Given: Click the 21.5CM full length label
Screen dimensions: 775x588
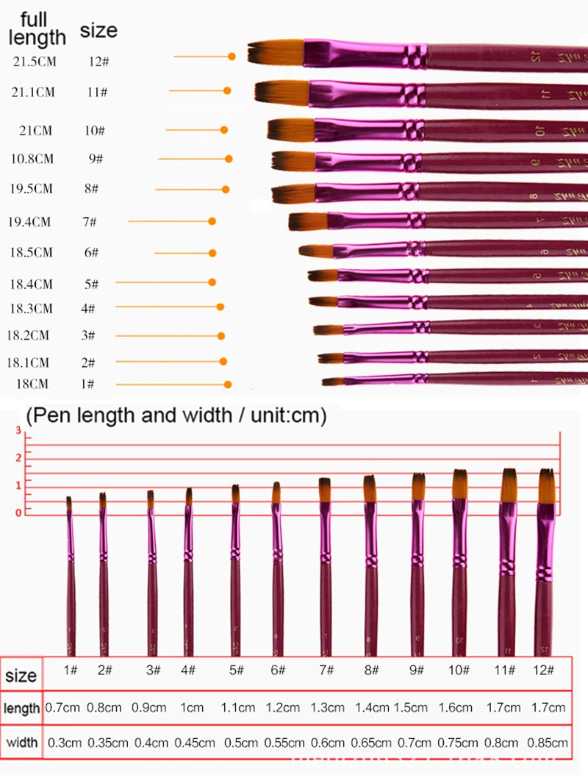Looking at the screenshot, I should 35,62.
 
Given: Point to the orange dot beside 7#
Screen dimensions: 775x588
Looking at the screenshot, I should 212,221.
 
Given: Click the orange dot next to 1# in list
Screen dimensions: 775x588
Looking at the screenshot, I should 228,384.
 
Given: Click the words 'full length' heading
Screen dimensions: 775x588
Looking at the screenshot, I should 37,29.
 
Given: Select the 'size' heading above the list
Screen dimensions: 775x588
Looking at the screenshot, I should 98,31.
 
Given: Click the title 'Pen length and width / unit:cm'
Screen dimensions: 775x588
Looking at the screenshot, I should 176,416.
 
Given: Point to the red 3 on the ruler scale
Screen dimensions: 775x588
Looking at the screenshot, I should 19,430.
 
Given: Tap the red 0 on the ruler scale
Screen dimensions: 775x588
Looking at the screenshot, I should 19,511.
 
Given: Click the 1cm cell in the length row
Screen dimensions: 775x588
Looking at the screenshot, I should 190,707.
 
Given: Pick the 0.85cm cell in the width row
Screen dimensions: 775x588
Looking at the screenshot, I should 547,743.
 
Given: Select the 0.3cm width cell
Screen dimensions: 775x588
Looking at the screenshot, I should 65,743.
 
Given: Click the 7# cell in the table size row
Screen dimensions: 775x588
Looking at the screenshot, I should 325,671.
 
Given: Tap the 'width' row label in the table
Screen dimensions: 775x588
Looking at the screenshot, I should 21,743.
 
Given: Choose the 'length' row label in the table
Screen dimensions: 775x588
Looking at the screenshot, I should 21,708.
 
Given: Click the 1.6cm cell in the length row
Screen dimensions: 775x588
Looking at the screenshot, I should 456,707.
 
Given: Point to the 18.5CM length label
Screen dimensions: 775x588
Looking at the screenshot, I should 32,252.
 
